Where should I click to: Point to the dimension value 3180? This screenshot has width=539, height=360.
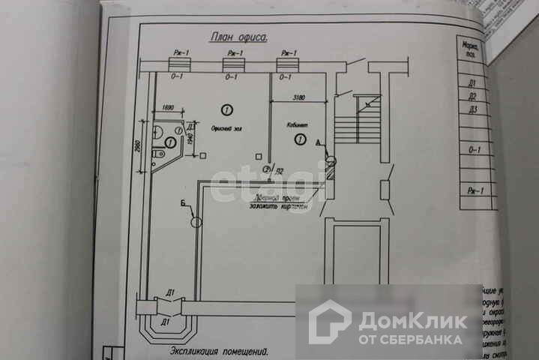pos(298,97)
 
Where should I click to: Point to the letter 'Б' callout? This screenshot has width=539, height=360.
pos(184,202)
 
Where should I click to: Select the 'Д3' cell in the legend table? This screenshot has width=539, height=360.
pos(472,109)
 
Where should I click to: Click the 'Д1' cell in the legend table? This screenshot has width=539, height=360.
pos(472,83)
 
